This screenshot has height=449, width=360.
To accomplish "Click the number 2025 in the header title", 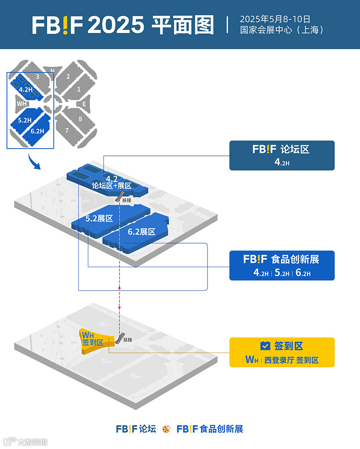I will pyautogui.click(x=117, y=26).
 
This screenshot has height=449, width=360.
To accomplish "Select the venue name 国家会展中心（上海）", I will pyautogui.click(x=282, y=31).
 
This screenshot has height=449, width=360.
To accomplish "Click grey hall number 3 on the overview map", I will pyautogui.click(x=37, y=77).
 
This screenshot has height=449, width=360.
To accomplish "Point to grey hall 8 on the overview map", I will pyautogui.click(x=80, y=119).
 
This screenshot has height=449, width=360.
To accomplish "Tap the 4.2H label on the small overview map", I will pyautogui.click(x=26, y=90).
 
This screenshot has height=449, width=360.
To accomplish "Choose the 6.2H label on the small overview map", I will pyautogui.click(x=37, y=132).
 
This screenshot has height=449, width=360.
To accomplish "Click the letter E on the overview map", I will pyautogui.click(x=84, y=104).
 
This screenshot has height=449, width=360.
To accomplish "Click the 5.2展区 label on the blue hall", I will pyautogui.click(x=99, y=218).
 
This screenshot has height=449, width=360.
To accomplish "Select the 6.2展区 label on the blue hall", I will pyautogui.click(x=141, y=232).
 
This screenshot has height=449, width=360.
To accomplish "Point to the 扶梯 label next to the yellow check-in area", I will pyautogui.click(x=128, y=340).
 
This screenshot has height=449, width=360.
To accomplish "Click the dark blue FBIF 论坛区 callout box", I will pyautogui.click(x=282, y=155).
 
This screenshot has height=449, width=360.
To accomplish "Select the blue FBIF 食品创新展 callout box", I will pyautogui.click(x=282, y=265).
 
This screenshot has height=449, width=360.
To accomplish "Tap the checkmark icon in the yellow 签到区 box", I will pyautogui.click(x=265, y=346).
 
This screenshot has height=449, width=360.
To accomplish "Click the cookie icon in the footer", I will pyautogui.click(x=166, y=429).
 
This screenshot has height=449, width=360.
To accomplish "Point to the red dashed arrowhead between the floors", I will pyautogui.click(x=119, y=286).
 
